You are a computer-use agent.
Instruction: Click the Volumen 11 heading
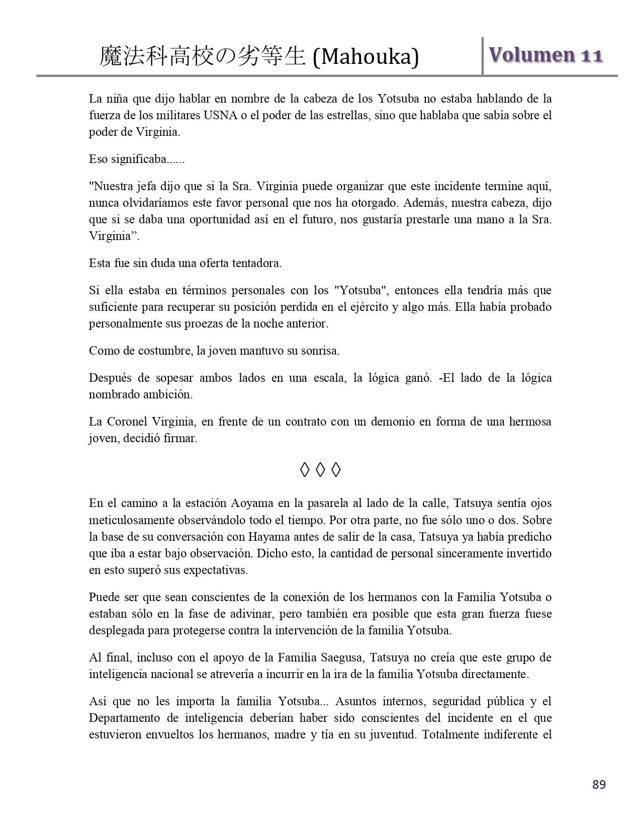tap(545, 55)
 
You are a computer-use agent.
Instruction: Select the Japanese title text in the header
tap(203, 56)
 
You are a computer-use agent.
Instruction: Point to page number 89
tap(599, 784)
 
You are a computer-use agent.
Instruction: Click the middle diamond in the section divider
tap(320, 470)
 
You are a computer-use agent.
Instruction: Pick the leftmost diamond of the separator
tap(305, 470)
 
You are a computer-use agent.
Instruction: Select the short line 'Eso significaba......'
tap(137, 159)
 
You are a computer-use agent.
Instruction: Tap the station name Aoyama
tap(249, 504)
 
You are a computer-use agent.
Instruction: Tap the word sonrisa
tap(320, 351)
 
